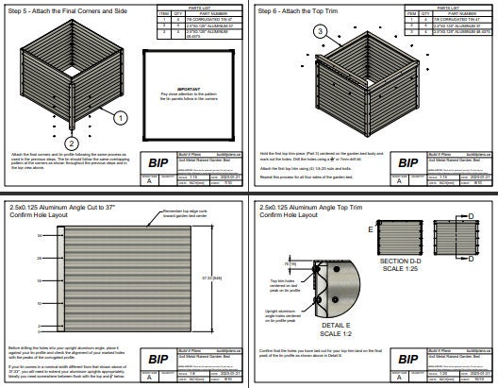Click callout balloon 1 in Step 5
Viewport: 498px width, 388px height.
click(122, 118)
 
